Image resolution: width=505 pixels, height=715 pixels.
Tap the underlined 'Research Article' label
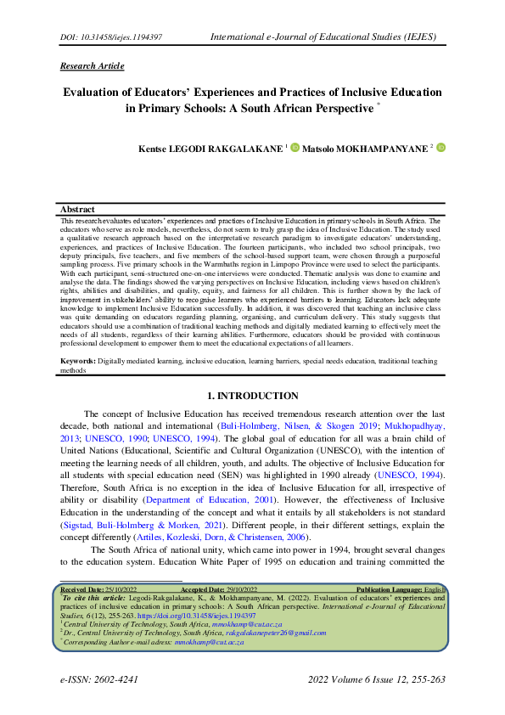pos(93,66)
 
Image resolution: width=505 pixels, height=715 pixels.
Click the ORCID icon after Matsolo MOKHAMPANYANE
pos(440,148)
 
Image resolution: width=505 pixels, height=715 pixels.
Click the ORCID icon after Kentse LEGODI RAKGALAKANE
pos(295,148)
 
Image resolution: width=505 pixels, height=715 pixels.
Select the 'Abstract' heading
pos(77,209)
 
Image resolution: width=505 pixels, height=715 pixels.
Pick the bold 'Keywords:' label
pos(78,361)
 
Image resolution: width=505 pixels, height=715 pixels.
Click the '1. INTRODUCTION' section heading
pos(253,396)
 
